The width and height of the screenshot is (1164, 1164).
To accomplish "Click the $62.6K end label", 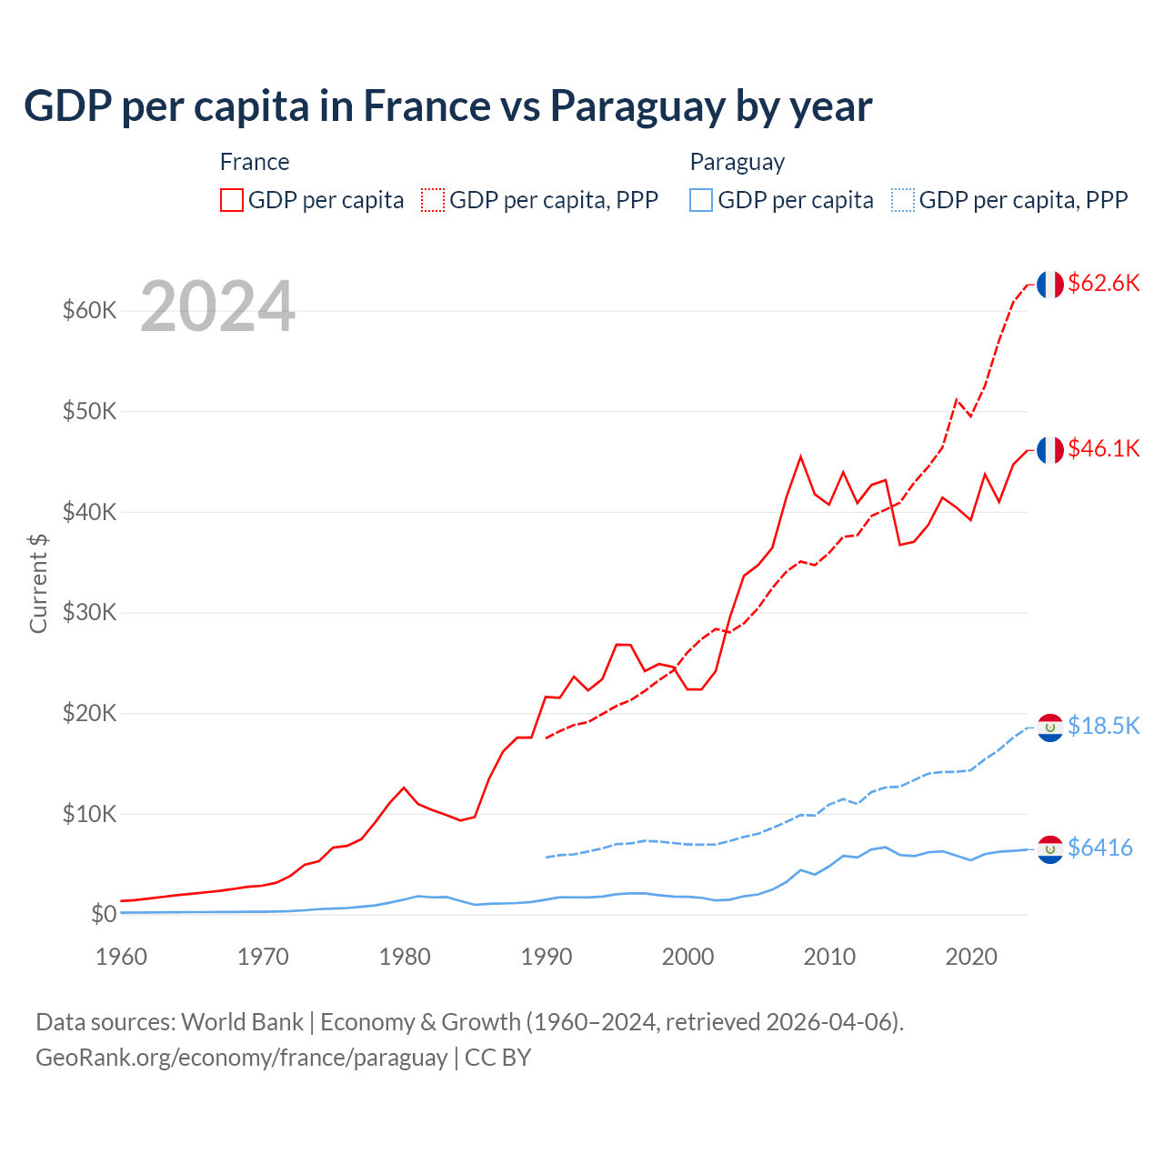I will pos(1103,284).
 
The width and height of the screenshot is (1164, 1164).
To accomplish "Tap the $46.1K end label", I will pos(1103,449).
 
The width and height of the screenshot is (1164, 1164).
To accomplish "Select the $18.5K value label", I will pos(1103,726).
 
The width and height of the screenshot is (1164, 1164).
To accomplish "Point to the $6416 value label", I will pos(1099,848).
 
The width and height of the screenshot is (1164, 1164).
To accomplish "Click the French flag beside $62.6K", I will pos(1050,285).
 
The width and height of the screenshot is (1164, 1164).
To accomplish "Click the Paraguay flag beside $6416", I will pos(1050,849).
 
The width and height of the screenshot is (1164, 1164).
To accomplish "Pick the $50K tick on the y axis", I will pos(90,411).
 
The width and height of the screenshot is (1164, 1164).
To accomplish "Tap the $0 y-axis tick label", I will pos(104,914).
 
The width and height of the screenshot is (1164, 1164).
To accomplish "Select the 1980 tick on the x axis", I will pos(405,957).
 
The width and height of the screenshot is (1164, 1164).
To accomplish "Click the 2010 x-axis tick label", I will pos(829,957).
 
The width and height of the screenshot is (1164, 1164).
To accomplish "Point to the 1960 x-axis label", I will pos(121,957).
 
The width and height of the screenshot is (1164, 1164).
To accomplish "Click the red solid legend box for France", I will pos(232,200).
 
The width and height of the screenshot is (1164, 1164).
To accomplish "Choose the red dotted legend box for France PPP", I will pos(433,200).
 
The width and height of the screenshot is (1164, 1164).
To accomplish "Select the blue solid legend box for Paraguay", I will pos(701,200).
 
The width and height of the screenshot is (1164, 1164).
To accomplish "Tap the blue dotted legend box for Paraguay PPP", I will pos(903,200).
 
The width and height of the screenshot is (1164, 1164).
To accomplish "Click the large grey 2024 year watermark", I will pos(217,306).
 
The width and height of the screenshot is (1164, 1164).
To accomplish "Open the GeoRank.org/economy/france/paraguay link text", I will pos(241,1058).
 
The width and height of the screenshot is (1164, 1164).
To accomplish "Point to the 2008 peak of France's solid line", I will pos(800,457).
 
